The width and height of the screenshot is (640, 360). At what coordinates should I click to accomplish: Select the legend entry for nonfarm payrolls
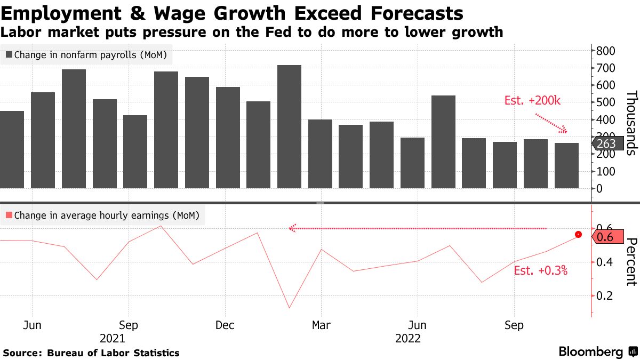(86, 54)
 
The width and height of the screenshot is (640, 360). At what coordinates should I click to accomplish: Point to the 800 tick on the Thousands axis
(606, 51)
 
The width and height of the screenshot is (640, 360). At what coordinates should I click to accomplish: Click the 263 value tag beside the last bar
(606, 143)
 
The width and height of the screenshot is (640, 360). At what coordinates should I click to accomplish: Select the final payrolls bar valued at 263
(566, 165)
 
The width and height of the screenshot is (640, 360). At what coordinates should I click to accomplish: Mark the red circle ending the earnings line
(578, 235)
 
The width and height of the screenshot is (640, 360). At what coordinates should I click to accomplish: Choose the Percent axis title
(631, 262)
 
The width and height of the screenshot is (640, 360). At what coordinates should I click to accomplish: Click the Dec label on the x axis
(225, 325)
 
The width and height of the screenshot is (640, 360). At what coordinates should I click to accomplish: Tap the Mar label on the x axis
(321, 325)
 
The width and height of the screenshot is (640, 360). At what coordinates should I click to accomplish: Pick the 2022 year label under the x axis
(408, 339)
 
